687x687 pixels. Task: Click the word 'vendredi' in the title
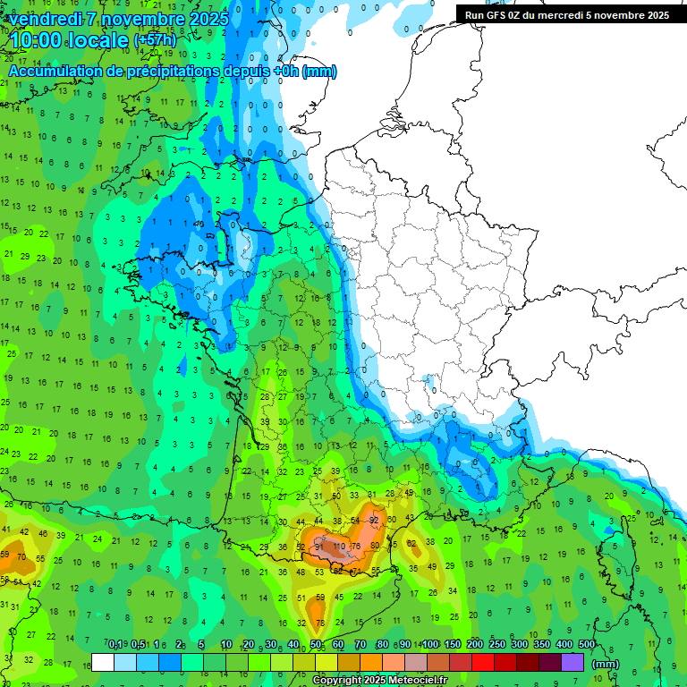[47, 19]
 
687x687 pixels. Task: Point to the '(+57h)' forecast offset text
[155, 41]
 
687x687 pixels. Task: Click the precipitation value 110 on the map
[338, 546]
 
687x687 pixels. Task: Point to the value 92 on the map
[374, 520]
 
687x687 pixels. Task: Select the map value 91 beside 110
[319, 546]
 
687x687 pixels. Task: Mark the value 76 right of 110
[356, 546]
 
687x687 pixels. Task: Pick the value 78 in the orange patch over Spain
[319, 623]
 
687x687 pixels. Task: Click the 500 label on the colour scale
[586, 645]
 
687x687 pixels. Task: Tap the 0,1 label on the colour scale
[114, 645]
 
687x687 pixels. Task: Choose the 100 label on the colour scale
[429, 645]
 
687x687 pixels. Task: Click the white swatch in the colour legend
[103, 662]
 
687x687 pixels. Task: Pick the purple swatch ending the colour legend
[572, 662]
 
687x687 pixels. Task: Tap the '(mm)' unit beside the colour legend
[606, 663]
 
